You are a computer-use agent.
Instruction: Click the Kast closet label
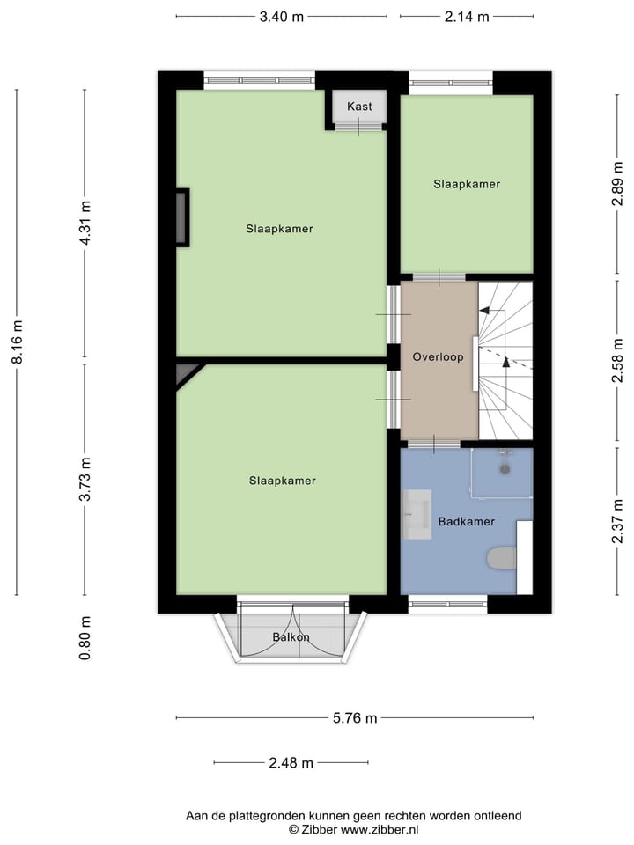[x=359, y=107]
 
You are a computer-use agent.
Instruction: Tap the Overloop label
[x=438, y=357]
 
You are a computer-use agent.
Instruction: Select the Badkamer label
[x=466, y=522]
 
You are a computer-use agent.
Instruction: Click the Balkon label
[x=291, y=636]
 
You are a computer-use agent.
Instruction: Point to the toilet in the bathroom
[x=502, y=558]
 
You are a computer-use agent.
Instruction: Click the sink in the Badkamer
[x=416, y=513]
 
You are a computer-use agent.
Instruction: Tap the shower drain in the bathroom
[x=505, y=468]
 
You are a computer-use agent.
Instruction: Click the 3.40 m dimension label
[x=281, y=17]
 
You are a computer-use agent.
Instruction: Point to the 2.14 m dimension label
[x=467, y=17]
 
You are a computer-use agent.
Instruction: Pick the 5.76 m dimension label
[x=355, y=718]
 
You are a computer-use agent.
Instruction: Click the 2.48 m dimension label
[x=291, y=763]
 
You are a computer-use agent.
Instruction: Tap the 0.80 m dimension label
[x=85, y=638]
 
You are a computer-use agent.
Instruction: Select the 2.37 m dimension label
[x=619, y=522]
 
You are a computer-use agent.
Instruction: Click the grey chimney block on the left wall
[x=181, y=217]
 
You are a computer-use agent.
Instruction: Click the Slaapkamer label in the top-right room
[x=466, y=185]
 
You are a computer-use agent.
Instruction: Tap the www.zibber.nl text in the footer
[x=380, y=829]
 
